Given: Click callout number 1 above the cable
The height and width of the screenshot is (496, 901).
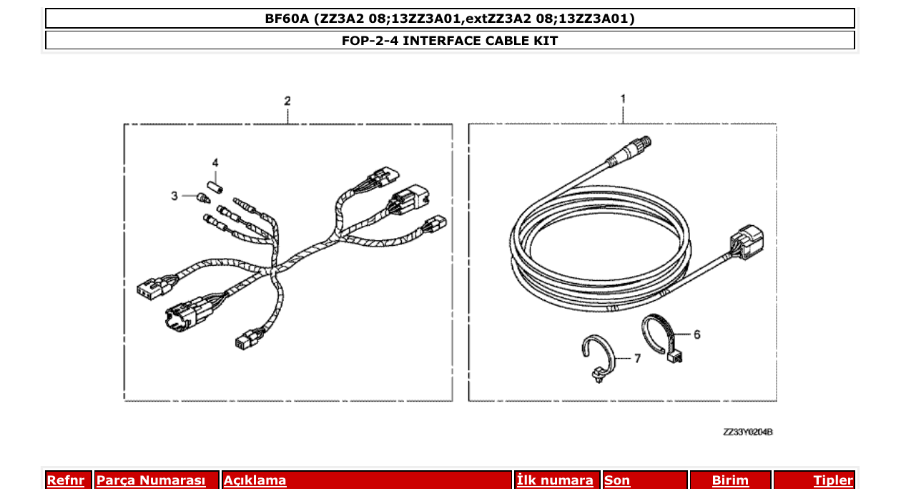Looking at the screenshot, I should click(623, 99).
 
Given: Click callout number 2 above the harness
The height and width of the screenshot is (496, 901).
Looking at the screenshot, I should click(287, 101).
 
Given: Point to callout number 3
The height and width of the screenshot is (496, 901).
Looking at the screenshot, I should click(174, 195).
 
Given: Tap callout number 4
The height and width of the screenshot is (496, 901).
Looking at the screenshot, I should click(215, 162).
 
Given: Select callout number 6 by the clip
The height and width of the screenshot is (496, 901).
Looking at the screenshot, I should click(696, 334).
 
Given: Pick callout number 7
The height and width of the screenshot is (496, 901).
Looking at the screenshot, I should click(637, 357).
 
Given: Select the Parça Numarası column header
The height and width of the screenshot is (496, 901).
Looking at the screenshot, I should click(151, 480).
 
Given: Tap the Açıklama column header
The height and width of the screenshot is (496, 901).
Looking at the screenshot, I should click(255, 480).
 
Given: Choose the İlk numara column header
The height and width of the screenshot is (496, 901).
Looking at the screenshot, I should click(555, 480).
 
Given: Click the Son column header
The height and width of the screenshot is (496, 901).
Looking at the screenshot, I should click(618, 480).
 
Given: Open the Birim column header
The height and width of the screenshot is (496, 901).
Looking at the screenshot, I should click(730, 480).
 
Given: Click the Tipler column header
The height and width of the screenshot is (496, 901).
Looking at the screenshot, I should click(833, 480).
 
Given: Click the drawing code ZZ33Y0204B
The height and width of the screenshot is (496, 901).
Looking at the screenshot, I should click(748, 432).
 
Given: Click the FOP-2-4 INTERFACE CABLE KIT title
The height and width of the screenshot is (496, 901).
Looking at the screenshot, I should click(450, 41).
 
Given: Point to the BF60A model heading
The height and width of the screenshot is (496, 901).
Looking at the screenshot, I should click(450, 19).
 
